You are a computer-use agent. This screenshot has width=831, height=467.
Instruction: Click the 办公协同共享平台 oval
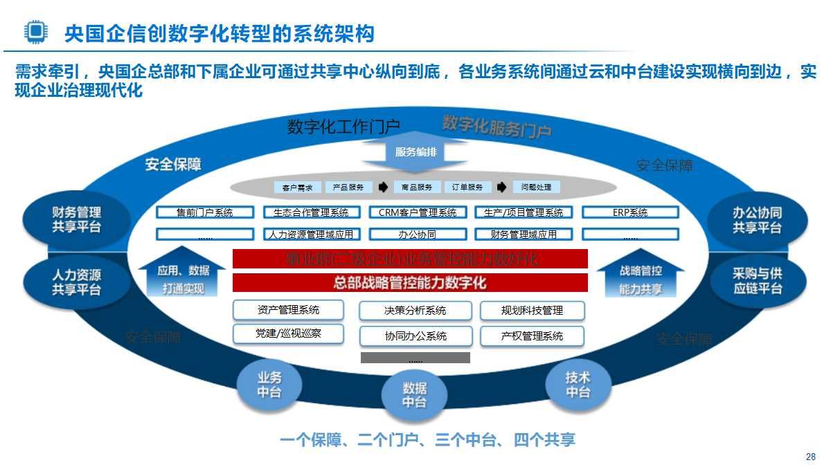[x=757, y=219]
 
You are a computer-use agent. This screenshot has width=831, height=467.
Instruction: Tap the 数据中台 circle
[x=414, y=396]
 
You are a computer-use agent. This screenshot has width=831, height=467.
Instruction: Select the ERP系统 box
[x=630, y=213]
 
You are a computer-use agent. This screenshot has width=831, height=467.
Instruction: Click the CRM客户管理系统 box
[x=418, y=213]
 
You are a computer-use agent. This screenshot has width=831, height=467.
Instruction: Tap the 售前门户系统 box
[x=205, y=213]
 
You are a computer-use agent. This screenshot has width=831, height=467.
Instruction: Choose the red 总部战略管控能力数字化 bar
[x=410, y=282]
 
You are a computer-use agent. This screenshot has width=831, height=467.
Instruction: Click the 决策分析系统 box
[x=415, y=311]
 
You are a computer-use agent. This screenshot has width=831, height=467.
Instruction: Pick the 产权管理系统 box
[x=532, y=336]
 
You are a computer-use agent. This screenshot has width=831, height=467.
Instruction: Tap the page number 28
[x=811, y=457]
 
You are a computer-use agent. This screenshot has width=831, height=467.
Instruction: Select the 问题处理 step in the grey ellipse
[x=536, y=187]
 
